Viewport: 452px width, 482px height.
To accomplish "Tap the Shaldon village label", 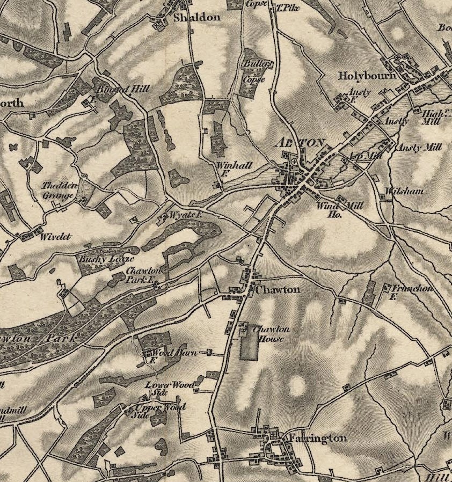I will coord(196,17).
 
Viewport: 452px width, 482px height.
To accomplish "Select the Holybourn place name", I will coord(367,76).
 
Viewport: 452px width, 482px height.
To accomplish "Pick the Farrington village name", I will coord(317,438).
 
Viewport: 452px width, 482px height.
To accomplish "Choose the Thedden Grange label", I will coord(60,191).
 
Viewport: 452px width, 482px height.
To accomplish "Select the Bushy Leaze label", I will coord(102,258).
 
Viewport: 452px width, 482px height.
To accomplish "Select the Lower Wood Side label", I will coord(165,389).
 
